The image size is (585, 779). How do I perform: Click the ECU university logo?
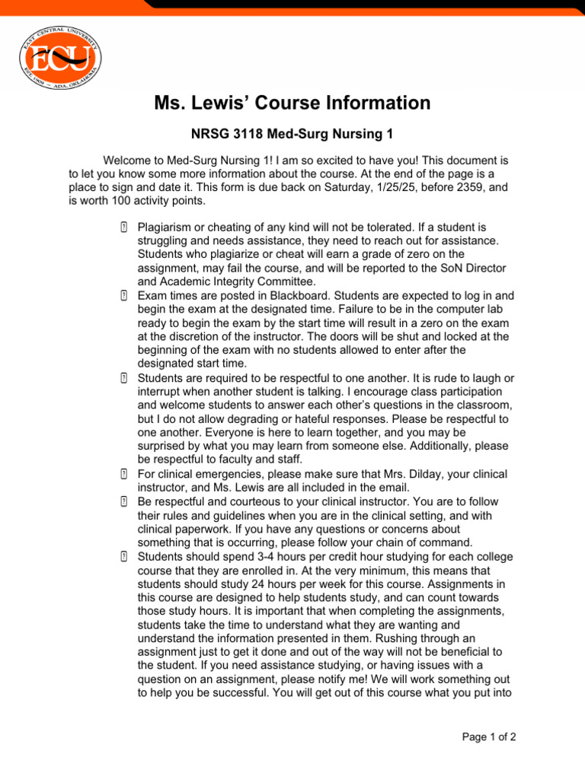point(59,57)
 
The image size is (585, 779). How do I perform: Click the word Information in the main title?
point(365,103)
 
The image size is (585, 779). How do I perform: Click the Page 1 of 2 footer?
point(489,736)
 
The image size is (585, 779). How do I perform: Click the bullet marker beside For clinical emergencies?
point(123,474)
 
